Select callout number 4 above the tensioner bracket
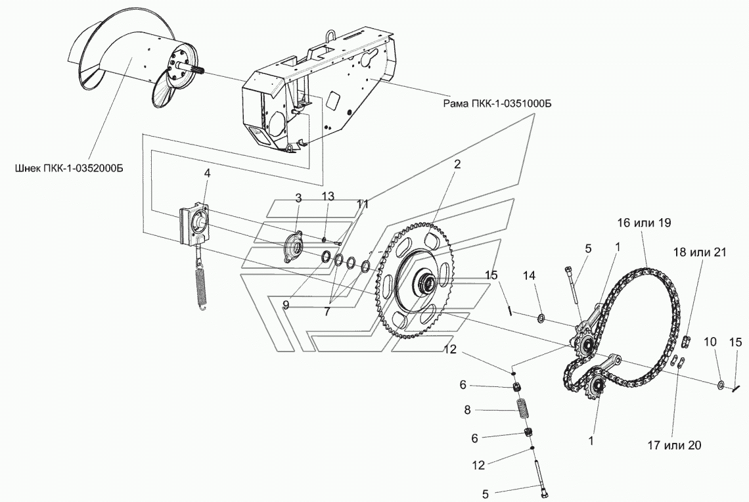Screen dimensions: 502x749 tap(207, 173)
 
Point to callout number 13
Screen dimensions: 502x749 tap(328, 196)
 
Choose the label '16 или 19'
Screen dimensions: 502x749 tap(643, 223)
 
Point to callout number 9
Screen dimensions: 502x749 tap(286, 305)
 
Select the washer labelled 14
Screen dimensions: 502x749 tap(540, 319)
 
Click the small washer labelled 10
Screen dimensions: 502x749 tap(721, 384)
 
